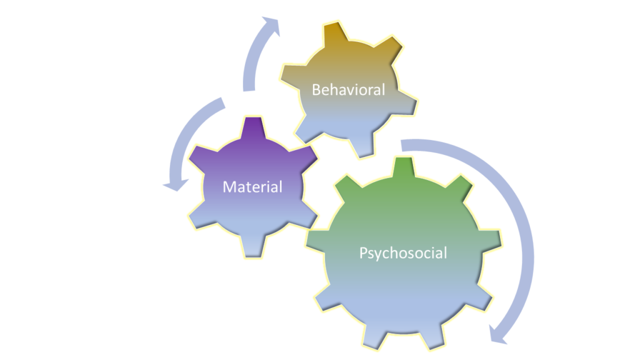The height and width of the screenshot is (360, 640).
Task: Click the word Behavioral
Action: [348, 89]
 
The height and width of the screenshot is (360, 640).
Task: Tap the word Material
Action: [252, 186]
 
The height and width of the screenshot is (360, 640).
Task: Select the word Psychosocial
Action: [403, 253]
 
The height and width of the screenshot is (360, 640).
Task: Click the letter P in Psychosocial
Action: [363, 253]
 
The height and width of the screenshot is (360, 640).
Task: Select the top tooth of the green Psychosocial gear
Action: [403, 167]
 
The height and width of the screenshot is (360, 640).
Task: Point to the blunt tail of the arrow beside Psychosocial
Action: [403, 145]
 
